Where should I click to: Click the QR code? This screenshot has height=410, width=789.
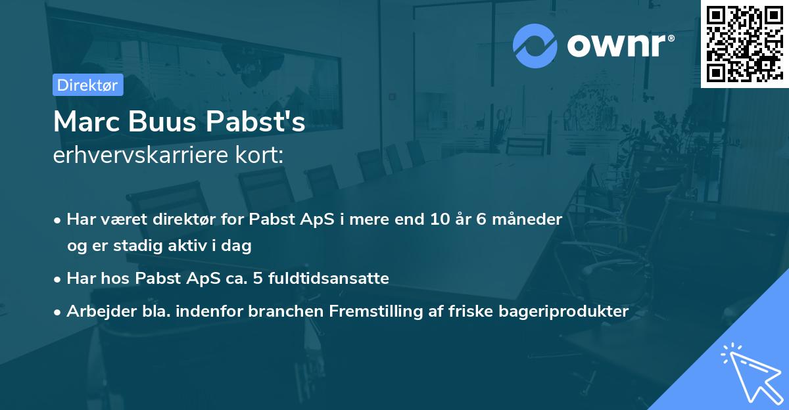coord(744,44)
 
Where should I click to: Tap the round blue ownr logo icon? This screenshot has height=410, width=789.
coord(535,46)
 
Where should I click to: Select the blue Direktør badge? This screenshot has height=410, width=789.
coord(87,85)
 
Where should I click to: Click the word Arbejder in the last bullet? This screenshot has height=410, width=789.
coord(96,311)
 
